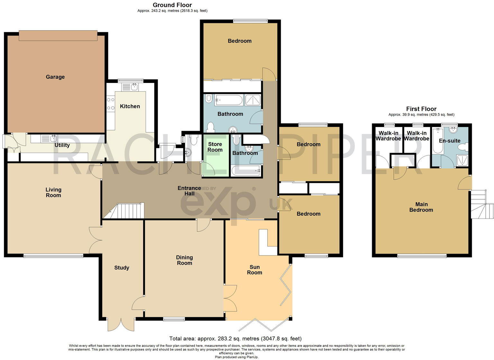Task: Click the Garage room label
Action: coord(55,77)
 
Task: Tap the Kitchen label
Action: coord(130,106)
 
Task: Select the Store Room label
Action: coord(215,147)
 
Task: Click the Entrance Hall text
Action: coord(189,191)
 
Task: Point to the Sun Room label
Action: coord(254,270)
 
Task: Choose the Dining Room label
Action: coord(184,260)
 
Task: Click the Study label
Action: coord(122,268)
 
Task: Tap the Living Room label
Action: coord(53,193)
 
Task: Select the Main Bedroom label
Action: coord(421,207)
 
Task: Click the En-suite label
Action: coord(450,141)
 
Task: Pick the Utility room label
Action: coord(62,145)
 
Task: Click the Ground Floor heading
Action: coord(172,5)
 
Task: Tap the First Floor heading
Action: coord(421,109)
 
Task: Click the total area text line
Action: coord(235,338)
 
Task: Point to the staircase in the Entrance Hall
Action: coord(129,211)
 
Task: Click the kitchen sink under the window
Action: coord(130,87)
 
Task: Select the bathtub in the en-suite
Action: coord(437,141)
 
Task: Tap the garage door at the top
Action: coord(58,35)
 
